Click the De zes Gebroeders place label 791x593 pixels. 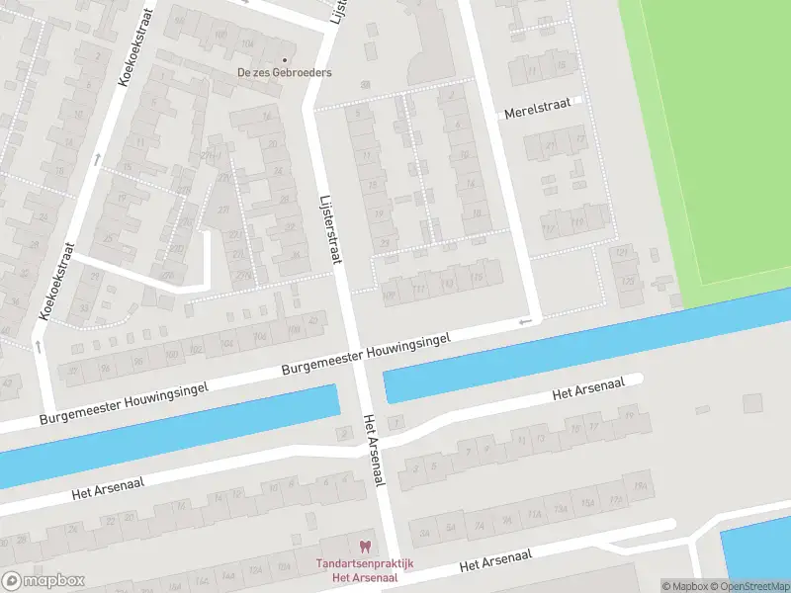click(284, 72)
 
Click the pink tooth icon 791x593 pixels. click(364, 546)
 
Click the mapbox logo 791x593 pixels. click(44, 581)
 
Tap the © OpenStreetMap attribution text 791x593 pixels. click(749, 586)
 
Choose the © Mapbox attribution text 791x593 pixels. click(685, 586)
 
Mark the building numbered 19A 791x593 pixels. click(640, 486)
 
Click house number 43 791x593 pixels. click(8, 381)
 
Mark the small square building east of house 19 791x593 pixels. click(752, 402)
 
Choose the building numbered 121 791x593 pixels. click(621, 254)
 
